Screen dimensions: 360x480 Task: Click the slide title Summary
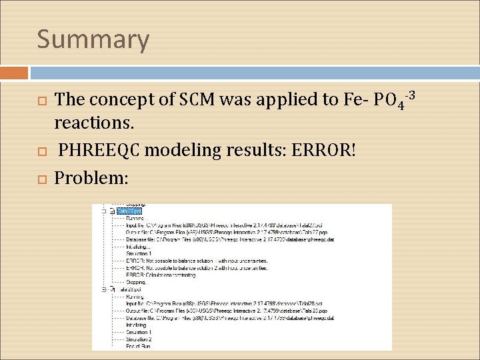coord(93,39)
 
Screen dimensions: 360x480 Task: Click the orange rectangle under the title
coord(14,73)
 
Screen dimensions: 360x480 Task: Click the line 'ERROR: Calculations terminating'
coord(160,275)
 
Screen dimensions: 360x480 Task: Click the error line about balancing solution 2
coord(196,267)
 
